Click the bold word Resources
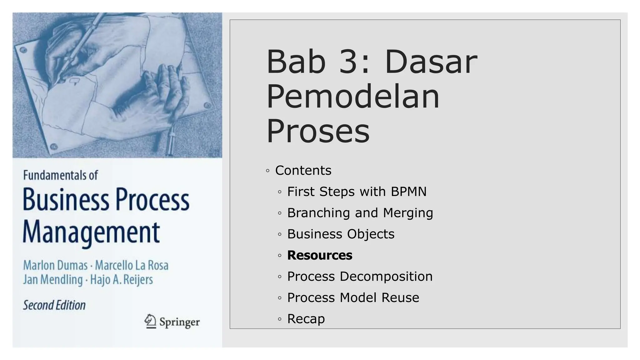(319, 255)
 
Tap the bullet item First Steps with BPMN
(357, 192)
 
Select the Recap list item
(306, 319)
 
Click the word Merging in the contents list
(408, 213)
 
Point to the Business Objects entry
(341, 234)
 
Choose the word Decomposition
(386, 277)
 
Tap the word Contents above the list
(303, 171)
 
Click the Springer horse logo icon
(150, 321)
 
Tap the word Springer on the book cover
(179, 322)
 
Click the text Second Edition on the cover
(54, 305)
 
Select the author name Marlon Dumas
(55, 265)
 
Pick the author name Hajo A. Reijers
(122, 280)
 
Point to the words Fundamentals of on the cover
(60, 175)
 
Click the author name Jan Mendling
(53, 280)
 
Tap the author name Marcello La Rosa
(132, 265)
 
